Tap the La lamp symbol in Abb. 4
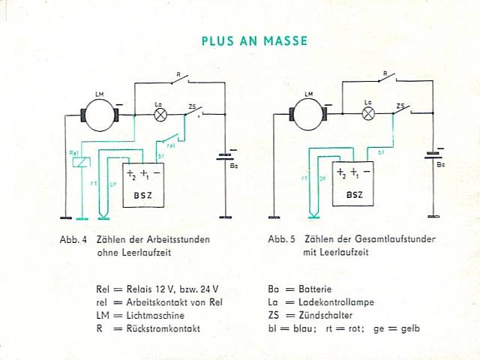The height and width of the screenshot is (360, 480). (x=160, y=115)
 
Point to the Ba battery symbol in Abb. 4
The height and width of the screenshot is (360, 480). (x=224, y=157)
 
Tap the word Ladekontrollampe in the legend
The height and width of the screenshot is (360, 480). (x=337, y=302)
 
